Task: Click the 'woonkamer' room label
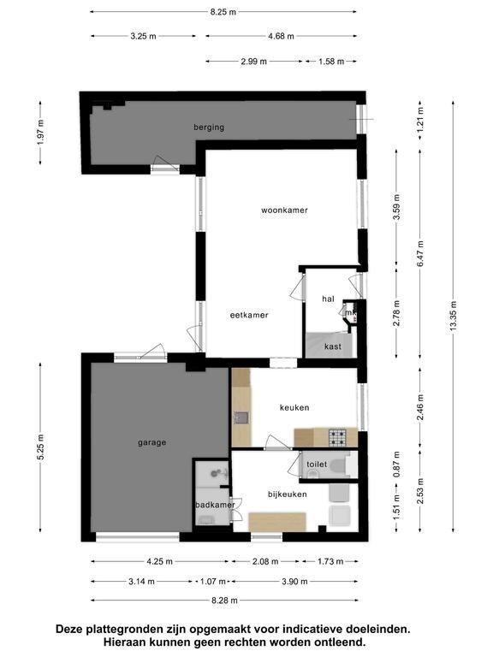[x=284, y=210]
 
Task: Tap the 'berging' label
[x=208, y=127]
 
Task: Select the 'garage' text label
[x=151, y=442]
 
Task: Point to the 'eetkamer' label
[x=249, y=315]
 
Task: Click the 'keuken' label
[x=294, y=407]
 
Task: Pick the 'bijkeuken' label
[x=286, y=494]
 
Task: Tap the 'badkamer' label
[x=214, y=505]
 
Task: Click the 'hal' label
[x=328, y=299]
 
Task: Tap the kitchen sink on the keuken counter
[x=241, y=418]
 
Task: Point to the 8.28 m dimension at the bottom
[x=223, y=601]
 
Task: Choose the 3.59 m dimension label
[x=395, y=210]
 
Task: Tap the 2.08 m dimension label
[x=264, y=561]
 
